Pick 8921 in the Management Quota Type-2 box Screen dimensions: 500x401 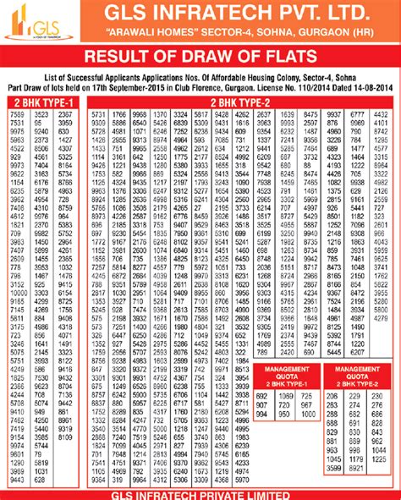[354, 468]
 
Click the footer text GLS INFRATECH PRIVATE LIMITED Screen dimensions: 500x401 [200, 494]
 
